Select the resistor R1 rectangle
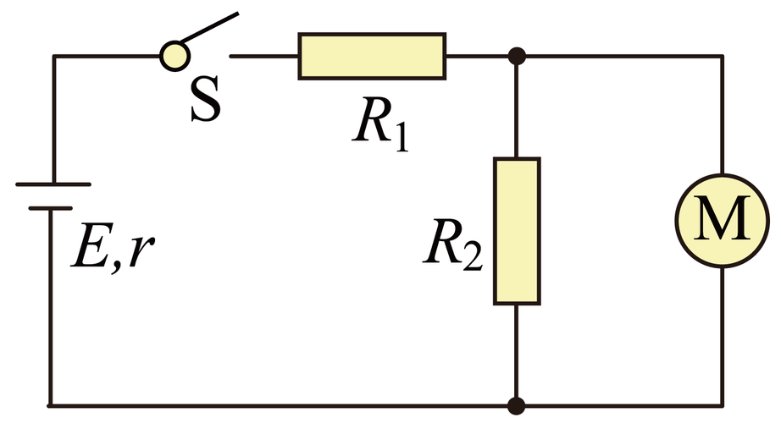(372, 56)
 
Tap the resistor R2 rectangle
(517, 231)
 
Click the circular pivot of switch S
(174, 56)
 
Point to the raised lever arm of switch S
(209, 27)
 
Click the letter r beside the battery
(141, 251)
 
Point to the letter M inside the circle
(723, 218)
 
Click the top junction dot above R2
(517, 56)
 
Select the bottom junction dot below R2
(517, 405)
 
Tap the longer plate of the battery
(53, 184)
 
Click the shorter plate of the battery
(50, 208)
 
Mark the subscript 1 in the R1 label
(401, 136)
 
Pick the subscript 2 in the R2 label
(473, 257)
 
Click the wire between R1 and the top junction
(477, 56)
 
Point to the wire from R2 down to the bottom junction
(517, 351)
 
